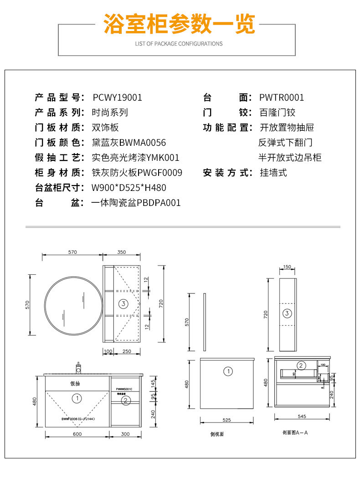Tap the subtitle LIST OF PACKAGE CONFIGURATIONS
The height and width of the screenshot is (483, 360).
coord(179,44)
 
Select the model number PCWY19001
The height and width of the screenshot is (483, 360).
coord(117,98)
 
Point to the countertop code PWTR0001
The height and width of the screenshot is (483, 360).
coord(281,98)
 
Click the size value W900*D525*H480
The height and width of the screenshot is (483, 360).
coord(129,188)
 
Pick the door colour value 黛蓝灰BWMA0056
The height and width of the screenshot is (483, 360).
coord(129,143)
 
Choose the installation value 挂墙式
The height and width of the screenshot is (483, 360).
coord(273,173)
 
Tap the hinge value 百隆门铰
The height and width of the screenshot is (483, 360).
coord(278,113)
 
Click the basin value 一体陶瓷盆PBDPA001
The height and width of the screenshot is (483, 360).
coord(136,203)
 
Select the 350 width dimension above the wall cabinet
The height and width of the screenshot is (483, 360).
coord(121,252)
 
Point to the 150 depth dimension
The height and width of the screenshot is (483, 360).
coord(287,267)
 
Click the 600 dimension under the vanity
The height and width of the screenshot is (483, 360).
coord(77,434)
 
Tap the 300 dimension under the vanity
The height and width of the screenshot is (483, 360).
coord(125,434)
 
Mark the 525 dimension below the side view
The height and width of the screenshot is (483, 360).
coord(226,420)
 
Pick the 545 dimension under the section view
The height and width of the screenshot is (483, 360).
coord(301,416)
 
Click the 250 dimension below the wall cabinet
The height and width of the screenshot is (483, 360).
coord(127,351)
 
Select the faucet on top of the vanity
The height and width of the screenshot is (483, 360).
coord(78,367)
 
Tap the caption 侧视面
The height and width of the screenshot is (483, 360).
coord(217,434)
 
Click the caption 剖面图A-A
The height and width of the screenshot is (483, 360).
coord(295,432)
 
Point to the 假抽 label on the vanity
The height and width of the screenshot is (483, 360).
coord(75,384)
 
